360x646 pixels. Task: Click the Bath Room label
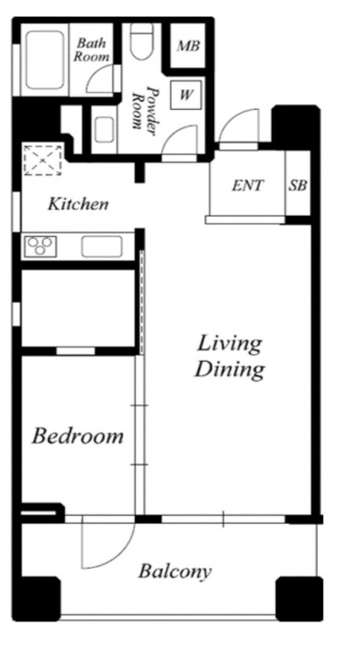(x=91, y=49)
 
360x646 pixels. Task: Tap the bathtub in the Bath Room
(x=45, y=60)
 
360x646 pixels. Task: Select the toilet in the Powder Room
(x=142, y=41)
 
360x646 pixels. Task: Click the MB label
(x=188, y=46)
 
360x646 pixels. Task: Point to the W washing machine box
(x=186, y=94)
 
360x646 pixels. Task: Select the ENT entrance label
(x=247, y=186)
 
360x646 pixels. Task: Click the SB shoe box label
(x=297, y=186)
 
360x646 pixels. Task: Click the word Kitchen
(x=78, y=203)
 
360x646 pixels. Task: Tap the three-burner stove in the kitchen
(x=40, y=246)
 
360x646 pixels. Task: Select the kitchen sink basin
(x=102, y=247)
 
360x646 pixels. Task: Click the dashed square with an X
(x=43, y=160)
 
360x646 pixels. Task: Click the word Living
(x=229, y=345)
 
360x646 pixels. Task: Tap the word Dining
(x=229, y=370)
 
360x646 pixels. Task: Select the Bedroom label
(x=77, y=436)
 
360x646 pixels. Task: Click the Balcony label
(x=174, y=572)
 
